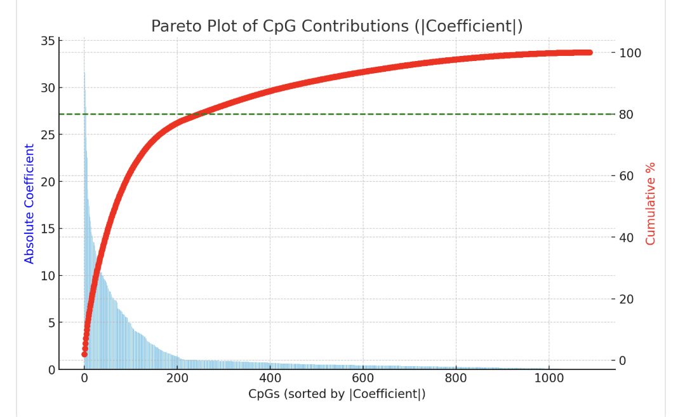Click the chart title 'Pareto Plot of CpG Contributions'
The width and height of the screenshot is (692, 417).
pyautogui.click(x=336, y=26)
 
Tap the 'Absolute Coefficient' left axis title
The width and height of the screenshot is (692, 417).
pyautogui.click(x=29, y=203)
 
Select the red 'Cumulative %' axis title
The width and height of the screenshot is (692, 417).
pyautogui.click(x=650, y=203)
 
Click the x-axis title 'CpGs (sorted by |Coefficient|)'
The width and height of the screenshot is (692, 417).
pyautogui.click(x=336, y=394)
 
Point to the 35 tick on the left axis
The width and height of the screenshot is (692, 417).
pyautogui.click(x=48, y=41)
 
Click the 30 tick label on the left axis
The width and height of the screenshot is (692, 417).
pyautogui.click(x=48, y=88)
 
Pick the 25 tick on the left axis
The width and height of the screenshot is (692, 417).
pyautogui.click(x=48, y=135)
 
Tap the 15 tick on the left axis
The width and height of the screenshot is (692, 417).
pyautogui.click(x=48, y=229)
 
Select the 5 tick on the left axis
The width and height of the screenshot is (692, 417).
pyautogui.click(x=51, y=322)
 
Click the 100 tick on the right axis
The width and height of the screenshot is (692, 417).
pyautogui.click(x=630, y=53)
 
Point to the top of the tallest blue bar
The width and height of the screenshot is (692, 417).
pyautogui.click(x=84, y=73)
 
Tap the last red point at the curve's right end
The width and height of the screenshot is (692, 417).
pyautogui.click(x=589, y=53)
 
